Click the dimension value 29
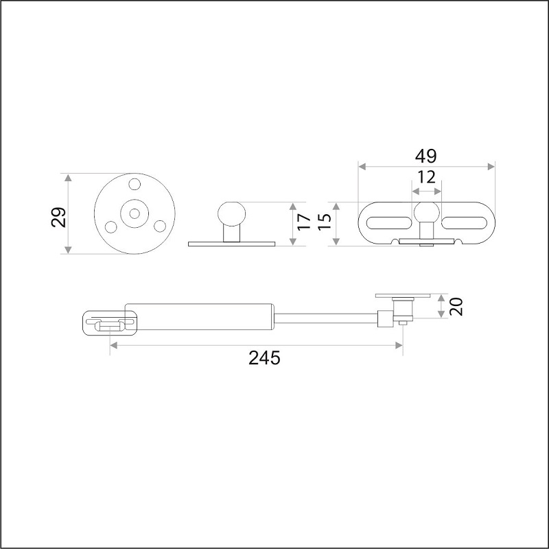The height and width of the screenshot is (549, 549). [58, 218]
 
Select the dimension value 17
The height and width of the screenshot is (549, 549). [304, 222]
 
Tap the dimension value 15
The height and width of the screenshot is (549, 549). [325, 221]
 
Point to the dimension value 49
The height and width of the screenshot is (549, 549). [425, 156]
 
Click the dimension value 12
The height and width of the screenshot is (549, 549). [426, 177]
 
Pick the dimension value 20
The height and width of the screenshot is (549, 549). [456, 306]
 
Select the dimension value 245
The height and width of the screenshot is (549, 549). [264, 358]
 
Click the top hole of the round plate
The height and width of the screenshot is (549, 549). [135, 184]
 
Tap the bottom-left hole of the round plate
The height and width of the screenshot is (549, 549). [111, 226]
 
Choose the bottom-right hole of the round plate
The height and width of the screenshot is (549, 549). [160, 226]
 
